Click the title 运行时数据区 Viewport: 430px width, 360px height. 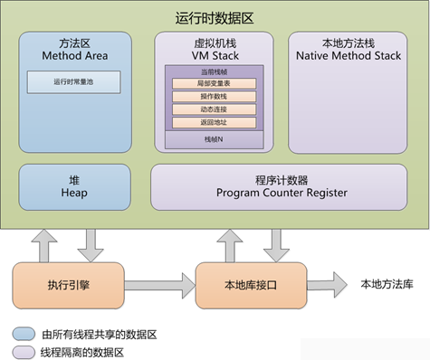click(214, 16)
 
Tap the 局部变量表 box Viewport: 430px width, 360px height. click(214, 84)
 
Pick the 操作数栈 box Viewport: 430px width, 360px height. click(214, 97)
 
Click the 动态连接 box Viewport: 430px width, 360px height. click(214, 109)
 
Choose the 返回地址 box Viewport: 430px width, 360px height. click(214, 122)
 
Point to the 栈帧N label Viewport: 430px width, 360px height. click(214, 139)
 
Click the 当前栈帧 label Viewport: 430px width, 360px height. click(214, 71)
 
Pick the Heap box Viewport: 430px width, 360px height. click(74, 185)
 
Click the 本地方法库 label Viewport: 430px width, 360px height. click(387, 283)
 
